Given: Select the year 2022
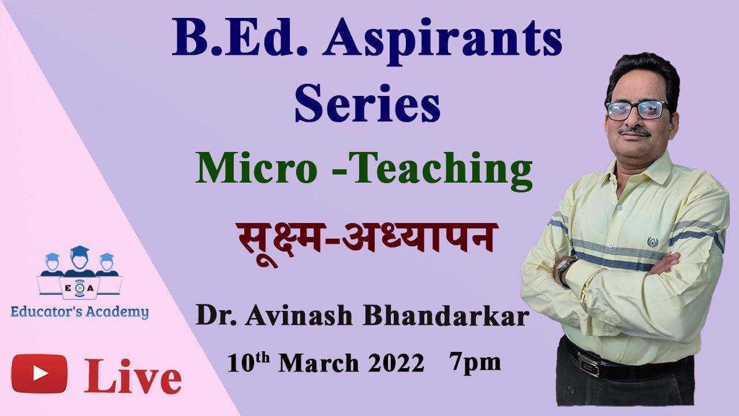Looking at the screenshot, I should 397,364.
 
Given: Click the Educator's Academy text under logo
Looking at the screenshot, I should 80,313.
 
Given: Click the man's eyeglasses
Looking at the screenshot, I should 637,110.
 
